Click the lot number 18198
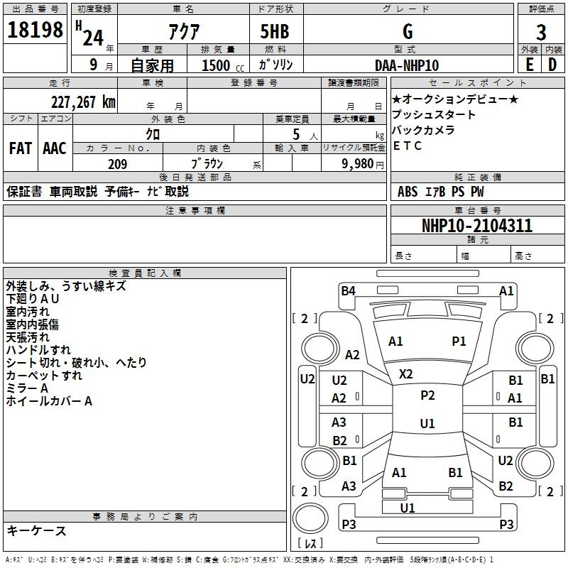pyautogui.click(x=35, y=31)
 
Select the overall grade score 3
pyautogui.click(x=541, y=33)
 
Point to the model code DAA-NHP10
pyautogui.click(x=407, y=65)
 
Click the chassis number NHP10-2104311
pyautogui.click(x=477, y=226)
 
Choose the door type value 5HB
pyautogui.click(x=274, y=33)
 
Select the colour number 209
pyautogui.click(x=118, y=164)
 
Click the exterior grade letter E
pyautogui.click(x=529, y=65)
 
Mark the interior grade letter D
pyautogui.click(x=552, y=65)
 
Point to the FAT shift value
pyautogui.click(x=21, y=148)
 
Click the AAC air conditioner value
pyautogui.click(x=54, y=148)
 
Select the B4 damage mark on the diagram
pyautogui.click(x=348, y=290)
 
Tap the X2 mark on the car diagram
pyautogui.click(x=406, y=373)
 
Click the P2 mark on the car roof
pyautogui.click(x=427, y=395)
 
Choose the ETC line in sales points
pyautogui.click(x=408, y=146)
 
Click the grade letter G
pyautogui.click(x=408, y=32)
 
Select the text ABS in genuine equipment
pyautogui.click(x=408, y=192)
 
